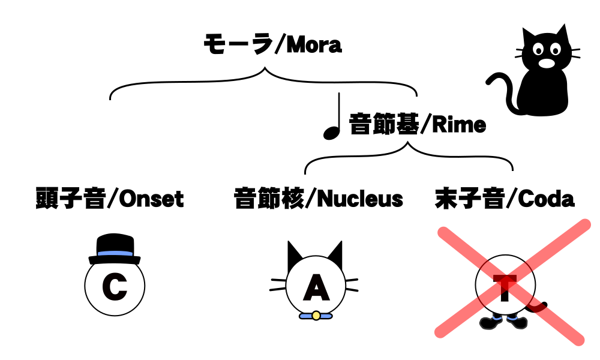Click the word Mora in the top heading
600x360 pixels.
(x=314, y=44)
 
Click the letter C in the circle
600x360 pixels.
(x=114, y=287)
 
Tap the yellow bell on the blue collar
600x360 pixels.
(x=316, y=315)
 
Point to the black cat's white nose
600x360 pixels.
(x=545, y=62)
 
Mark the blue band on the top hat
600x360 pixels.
(x=115, y=254)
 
